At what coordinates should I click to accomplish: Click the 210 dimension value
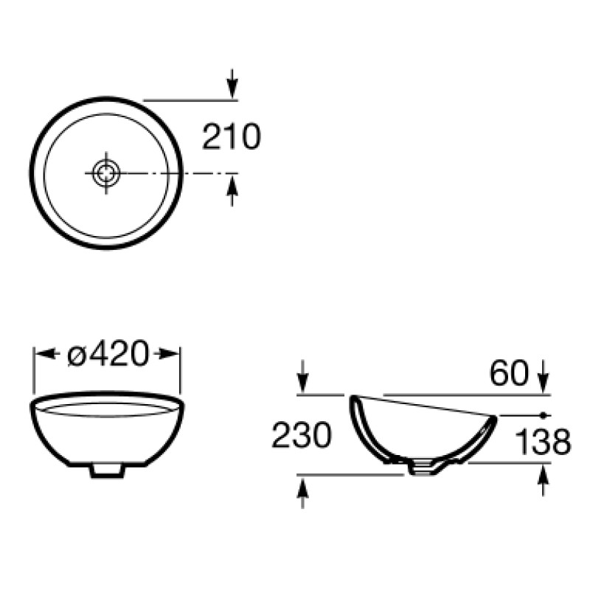tap(232, 136)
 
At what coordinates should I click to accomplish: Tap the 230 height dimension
tap(302, 434)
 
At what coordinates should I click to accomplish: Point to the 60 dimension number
tap(510, 373)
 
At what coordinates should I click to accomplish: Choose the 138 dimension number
tap(543, 441)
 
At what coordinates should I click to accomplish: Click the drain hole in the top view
tap(106, 173)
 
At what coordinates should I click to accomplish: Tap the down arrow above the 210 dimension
tap(232, 83)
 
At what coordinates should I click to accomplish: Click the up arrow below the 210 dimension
tap(232, 191)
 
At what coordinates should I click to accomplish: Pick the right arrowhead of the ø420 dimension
tap(167, 354)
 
